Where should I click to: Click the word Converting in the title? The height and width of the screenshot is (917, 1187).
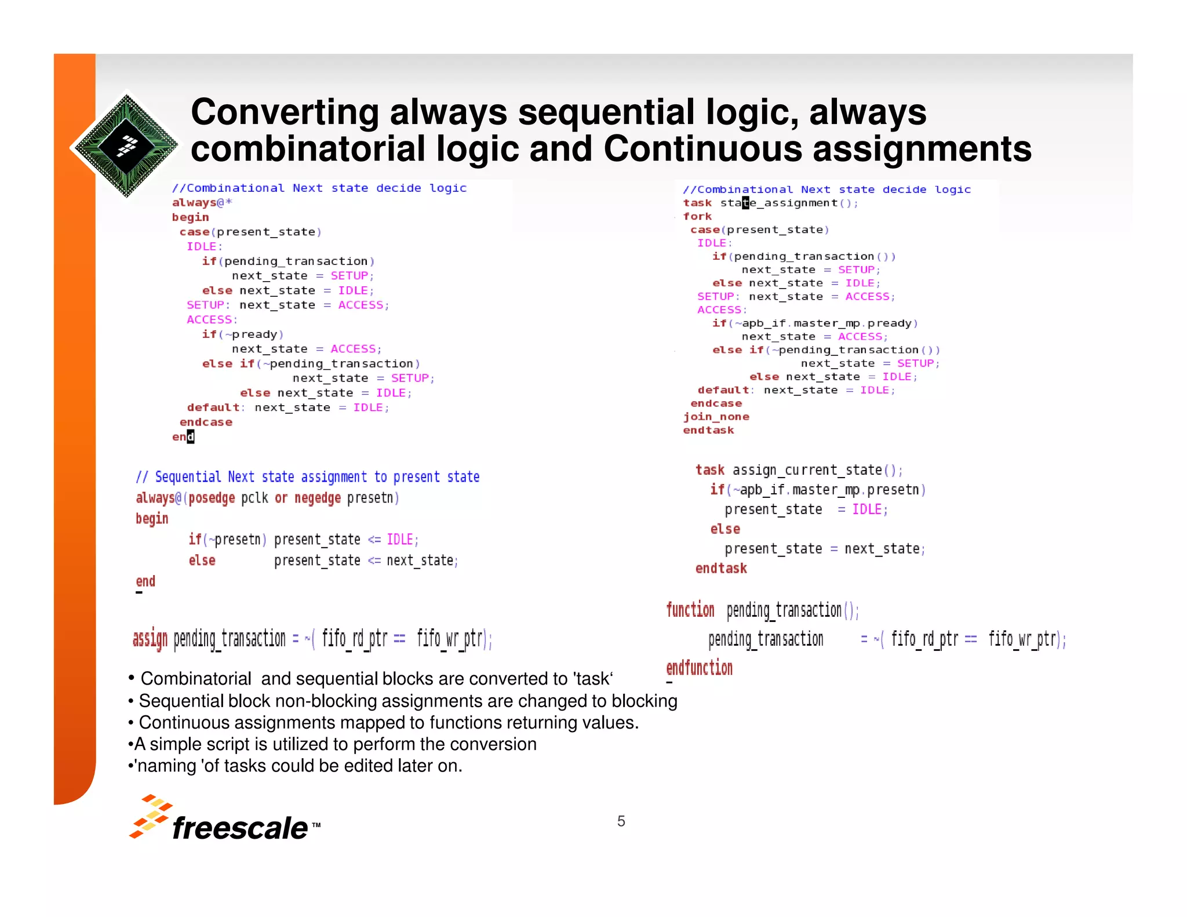(x=285, y=112)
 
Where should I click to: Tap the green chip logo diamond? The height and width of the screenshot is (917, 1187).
(x=126, y=145)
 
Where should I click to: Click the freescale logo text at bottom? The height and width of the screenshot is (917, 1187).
(x=240, y=827)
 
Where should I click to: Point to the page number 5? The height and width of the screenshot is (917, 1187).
(x=621, y=821)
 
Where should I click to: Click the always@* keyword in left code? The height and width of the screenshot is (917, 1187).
(x=202, y=202)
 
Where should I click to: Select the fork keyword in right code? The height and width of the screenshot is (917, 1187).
(x=697, y=216)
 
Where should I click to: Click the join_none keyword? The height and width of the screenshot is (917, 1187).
(x=716, y=416)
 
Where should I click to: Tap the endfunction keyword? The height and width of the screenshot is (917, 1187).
(x=699, y=668)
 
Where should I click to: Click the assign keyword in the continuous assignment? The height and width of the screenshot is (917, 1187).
(x=150, y=639)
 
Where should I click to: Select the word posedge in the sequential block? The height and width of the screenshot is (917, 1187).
(x=212, y=498)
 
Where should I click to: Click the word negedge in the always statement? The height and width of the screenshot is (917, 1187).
(x=317, y=498)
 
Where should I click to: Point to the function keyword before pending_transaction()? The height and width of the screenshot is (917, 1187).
(x=690, y=610)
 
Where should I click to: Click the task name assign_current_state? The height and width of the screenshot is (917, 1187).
(x=807, y=470)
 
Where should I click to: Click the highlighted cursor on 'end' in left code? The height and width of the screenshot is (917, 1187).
(x=191, y=436)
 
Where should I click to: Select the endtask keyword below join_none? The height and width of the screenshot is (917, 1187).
(x=708, y=430)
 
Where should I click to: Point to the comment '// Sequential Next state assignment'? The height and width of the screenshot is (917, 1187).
(x=307, y=476)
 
